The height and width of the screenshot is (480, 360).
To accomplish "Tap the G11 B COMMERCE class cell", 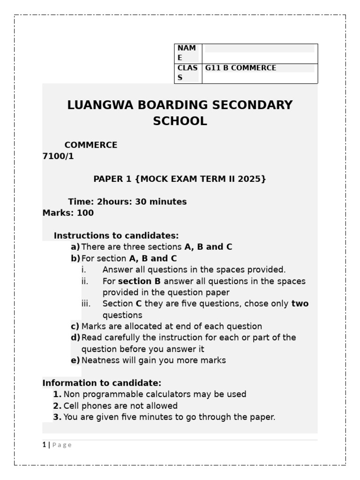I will click(240, 68).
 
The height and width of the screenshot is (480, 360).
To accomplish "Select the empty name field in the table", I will click(259, 49).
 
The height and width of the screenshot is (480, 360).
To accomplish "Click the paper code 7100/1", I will click(58, 157).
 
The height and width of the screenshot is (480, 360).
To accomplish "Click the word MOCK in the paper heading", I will click(157, 179).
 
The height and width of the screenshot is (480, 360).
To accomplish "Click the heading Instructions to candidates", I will click(116, 235).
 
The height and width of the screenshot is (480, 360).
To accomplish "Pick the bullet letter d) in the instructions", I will click(75, 337).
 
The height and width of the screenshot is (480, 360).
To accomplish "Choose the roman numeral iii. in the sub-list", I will click(85, 304).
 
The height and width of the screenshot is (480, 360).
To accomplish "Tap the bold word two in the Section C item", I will click(300, 304).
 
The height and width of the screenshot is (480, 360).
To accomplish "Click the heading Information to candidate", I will click(102, 383).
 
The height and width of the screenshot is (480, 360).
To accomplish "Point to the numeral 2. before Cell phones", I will click(57, 405).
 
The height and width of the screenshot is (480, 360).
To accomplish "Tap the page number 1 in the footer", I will click(44, 445).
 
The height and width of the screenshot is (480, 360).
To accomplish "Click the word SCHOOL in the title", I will click(180, 121).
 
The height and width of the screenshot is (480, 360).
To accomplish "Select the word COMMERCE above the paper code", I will click(91, 145).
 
